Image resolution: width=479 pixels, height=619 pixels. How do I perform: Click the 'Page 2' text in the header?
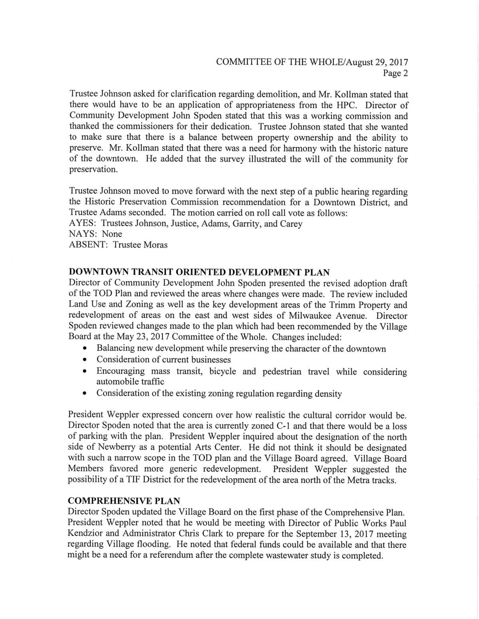coord(395,73)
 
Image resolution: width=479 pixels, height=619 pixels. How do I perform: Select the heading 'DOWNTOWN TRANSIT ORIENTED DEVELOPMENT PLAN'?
coord(199,273)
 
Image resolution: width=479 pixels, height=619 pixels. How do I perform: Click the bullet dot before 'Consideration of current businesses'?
coord(85,360)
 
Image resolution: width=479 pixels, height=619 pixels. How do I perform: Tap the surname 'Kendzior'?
coord(87,534)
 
